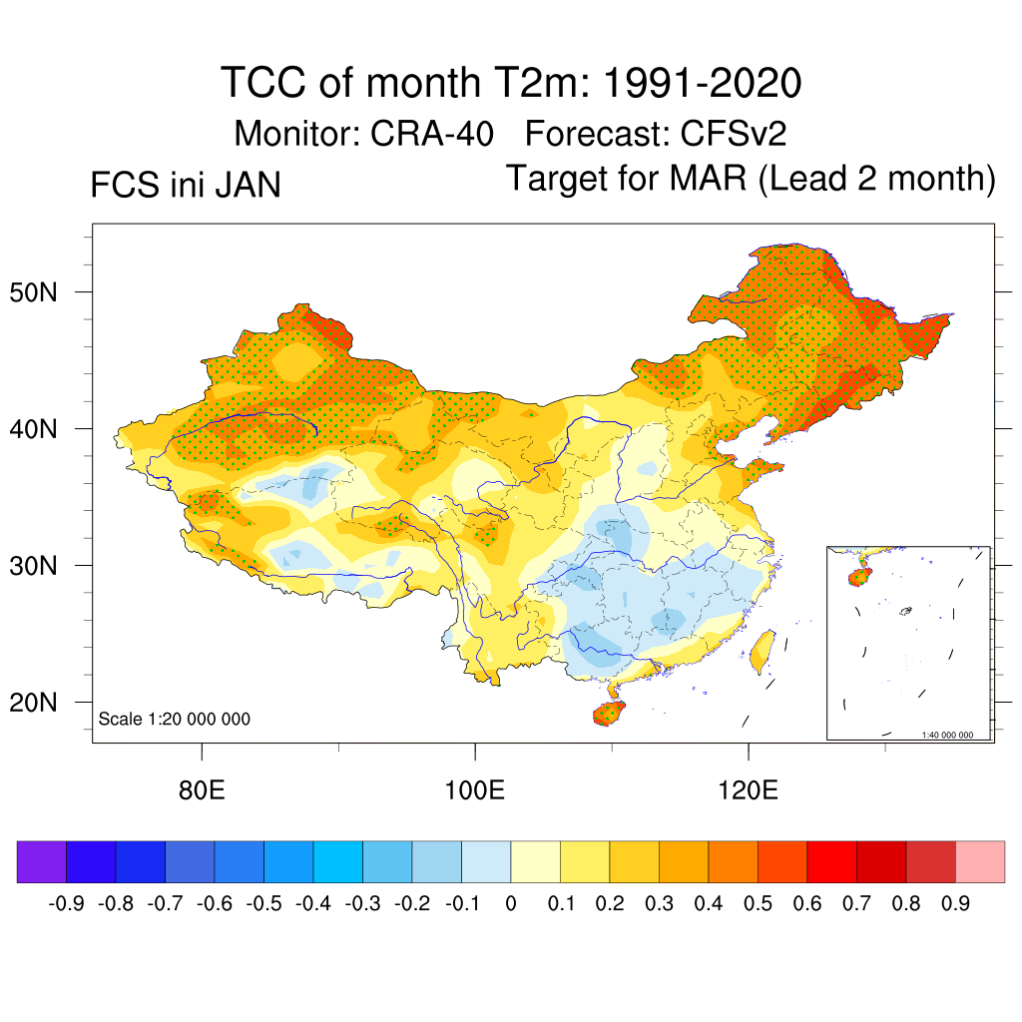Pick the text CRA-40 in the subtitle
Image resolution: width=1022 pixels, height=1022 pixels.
pos(431,133)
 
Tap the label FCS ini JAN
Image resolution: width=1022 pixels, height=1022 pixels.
pos(185,186)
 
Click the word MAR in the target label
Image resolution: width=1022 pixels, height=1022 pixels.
pos(704,180)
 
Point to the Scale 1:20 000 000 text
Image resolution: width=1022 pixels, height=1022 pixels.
pos(175,719)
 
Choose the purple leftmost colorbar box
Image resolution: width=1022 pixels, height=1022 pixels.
pos(42,861)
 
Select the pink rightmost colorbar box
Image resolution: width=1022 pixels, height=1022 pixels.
pos(980,861)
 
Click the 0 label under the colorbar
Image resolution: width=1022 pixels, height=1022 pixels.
pos(511,904)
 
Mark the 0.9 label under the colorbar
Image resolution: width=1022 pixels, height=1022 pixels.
pos(956,904)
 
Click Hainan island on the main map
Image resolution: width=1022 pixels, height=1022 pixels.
pos(608,714)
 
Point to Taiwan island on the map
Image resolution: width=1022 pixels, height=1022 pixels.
pos(763,649)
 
